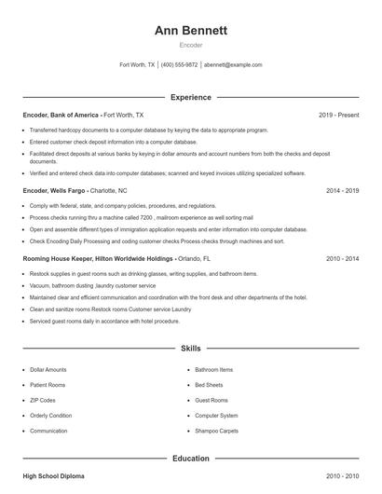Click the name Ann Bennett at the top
191,30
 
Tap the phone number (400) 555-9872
179,65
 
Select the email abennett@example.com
233,65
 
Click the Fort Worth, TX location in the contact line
137,65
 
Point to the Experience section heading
191,97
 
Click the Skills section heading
191,349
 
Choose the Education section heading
191,459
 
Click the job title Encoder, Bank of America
61,115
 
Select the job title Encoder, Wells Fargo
54,190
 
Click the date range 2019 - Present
338,115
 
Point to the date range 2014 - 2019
342,190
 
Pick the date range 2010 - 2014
342,258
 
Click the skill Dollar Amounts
48,369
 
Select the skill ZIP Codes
43,400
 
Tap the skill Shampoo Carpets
215,431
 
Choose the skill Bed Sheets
209,384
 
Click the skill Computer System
216,415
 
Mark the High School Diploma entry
53,476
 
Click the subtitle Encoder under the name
191,45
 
